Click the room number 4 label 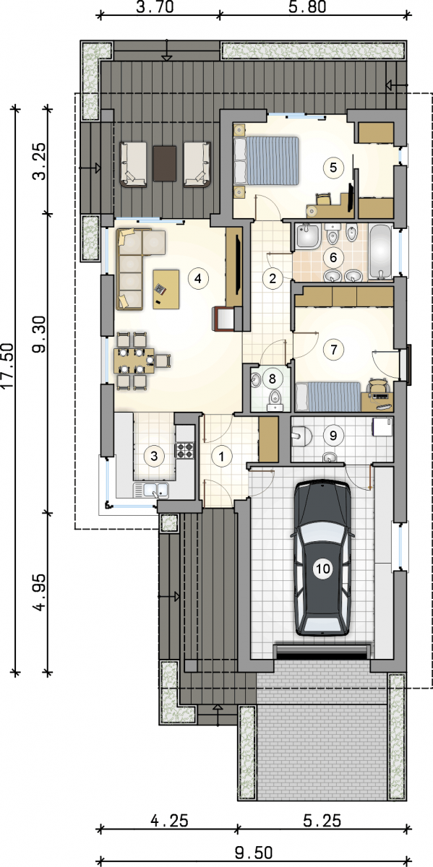click(198, 278)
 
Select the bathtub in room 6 click(381, 251)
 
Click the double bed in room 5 click(267, 160)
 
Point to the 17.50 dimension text click(8, 365)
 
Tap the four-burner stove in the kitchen click(185, 450)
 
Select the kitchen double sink click(151, 490)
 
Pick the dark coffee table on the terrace click(165, 163)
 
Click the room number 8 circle click(272, 378)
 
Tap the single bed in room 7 click(327, 397)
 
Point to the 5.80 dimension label click(307, 7)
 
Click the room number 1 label click(221, 457)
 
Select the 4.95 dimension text click(40, 592)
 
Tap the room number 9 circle click(333, 436)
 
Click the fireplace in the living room click(225, 319)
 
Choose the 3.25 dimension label click(40, 161)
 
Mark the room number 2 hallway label click(273, 278)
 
